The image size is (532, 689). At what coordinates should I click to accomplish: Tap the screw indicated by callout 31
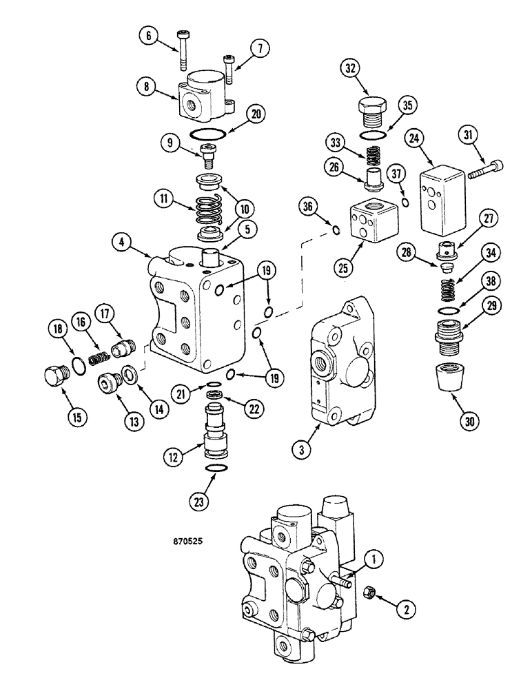point(484,169)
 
